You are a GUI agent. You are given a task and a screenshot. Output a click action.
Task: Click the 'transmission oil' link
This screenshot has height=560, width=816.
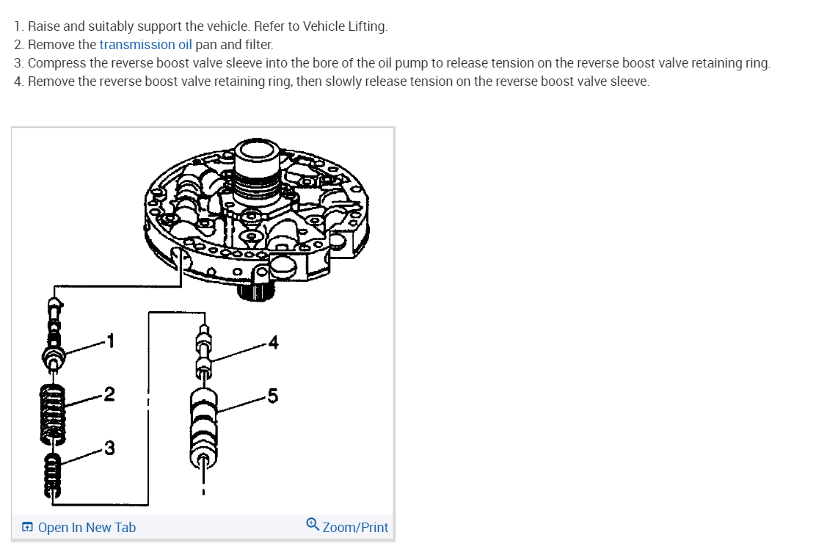145,44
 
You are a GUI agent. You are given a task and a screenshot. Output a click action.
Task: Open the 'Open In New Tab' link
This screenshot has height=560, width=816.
86,527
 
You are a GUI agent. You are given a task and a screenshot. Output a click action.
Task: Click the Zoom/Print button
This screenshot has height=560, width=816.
354,527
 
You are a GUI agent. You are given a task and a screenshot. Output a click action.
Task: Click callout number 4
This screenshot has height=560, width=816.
273,341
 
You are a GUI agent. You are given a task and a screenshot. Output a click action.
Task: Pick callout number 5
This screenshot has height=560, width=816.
273,396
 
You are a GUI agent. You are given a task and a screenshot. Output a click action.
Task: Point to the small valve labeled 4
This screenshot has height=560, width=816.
203,352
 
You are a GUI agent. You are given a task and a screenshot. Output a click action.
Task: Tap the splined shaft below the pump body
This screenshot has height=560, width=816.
257,294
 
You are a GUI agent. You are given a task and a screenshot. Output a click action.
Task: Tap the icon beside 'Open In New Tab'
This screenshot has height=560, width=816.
26,527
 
